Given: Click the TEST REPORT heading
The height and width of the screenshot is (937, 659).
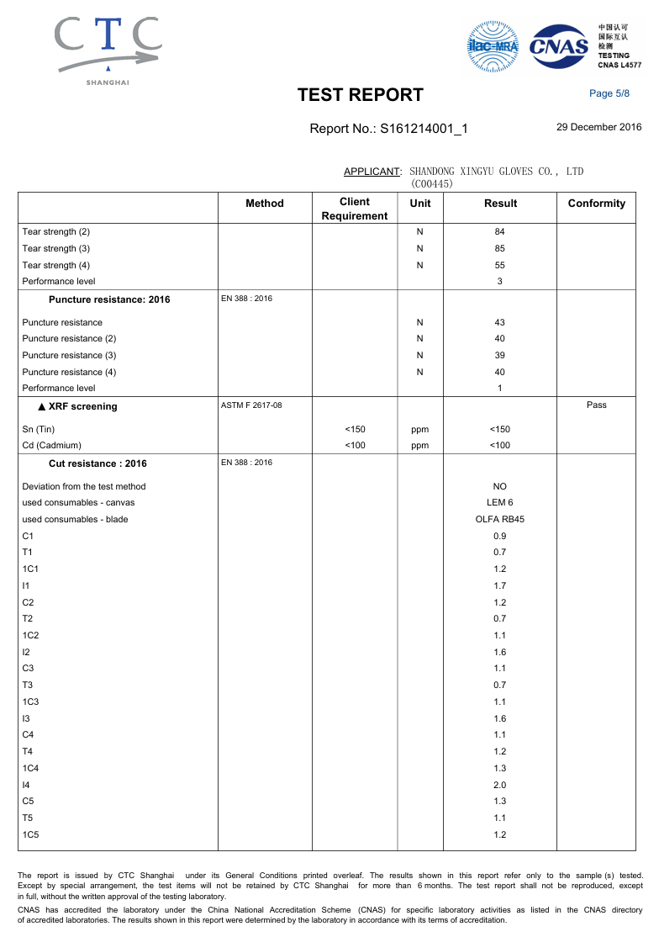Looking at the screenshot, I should pyautogui.click(x=361, y=95).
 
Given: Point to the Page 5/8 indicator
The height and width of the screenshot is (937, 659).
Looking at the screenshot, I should pyautogui.click(x=609, y=93).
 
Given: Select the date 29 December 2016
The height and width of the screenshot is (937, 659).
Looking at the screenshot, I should pyautogui.click(x=599, y=127).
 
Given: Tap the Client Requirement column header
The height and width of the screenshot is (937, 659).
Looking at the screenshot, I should pyautogui.click(x=354, y=209).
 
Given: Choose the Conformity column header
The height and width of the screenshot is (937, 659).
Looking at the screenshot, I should pyautogui.click(x=597, y=204).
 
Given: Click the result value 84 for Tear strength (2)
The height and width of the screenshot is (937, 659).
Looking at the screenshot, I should pyautogui.click(x=500, y=231).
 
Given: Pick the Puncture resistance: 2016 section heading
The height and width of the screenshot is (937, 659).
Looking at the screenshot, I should pyautogui.click(x=109, y=299).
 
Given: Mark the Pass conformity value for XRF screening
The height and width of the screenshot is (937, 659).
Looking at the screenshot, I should pyautogui.click(x=597, y=405).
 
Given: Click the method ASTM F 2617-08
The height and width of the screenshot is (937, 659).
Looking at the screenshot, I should pyautogui.click(x=251, y=405).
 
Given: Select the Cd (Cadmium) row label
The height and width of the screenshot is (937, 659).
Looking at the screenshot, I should pyautogui.click(x=52, y=445).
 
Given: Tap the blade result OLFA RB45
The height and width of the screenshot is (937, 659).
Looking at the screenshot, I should pyautogui.click(x=500, y=519).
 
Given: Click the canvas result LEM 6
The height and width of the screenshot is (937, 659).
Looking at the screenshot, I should pyautogui.click(x=500, y=502).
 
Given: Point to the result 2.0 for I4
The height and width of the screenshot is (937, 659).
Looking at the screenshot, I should pyautogui.click(x=500, y=784).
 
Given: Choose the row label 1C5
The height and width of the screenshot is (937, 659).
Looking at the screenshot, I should pyautogui.click(x=31, y=834).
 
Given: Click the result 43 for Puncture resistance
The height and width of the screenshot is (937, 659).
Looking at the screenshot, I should pyautogui.click(x=500, y=322).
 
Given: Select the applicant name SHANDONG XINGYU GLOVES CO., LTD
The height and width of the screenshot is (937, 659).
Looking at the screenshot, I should pyautogui.click(x=496, y=172).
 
